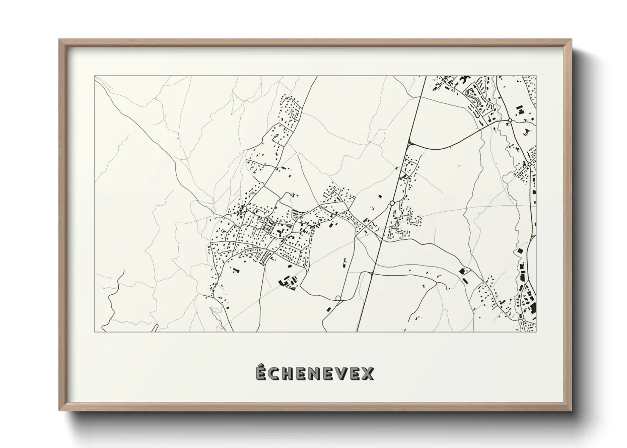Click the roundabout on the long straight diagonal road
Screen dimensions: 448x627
[392, 204]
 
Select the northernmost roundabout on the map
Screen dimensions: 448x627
[510, 121]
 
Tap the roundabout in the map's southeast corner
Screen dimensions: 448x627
[524, 320]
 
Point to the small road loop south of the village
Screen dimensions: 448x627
[338, 298]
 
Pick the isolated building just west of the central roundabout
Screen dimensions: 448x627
[380, 196]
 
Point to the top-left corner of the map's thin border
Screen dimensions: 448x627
[95, 76]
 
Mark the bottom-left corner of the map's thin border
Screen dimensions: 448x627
[95, 332]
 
